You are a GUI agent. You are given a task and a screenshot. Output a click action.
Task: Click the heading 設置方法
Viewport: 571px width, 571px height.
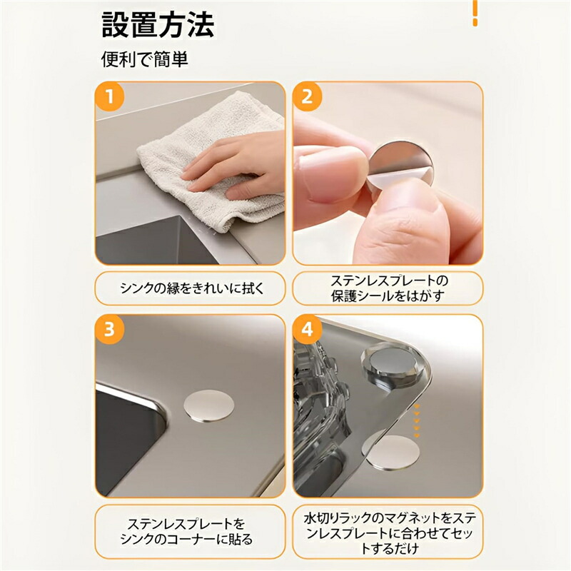pos(158,25)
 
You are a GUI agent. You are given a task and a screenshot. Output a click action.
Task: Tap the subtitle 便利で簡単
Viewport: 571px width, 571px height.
pos(145,59)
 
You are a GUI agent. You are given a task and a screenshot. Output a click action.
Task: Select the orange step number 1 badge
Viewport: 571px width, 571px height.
pos(110,97)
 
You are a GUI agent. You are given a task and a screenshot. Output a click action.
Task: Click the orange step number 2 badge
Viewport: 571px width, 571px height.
pos(308,97)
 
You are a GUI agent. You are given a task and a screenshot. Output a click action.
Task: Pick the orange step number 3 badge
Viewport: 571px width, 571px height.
pos(110,329)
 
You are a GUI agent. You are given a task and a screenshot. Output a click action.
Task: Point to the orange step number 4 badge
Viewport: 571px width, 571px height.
pos(308,329)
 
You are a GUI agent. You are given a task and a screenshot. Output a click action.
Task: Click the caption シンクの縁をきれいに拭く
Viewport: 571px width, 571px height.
pos(191,288)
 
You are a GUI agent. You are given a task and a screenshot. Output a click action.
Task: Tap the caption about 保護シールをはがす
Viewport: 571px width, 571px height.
pos(388,288)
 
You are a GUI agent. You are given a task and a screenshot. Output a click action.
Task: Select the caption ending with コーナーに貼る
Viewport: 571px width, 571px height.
pos(186,531)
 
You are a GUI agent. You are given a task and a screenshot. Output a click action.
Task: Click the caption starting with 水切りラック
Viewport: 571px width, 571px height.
pos(390,532)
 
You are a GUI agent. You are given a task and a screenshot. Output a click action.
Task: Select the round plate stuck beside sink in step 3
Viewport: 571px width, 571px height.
pos(208,405)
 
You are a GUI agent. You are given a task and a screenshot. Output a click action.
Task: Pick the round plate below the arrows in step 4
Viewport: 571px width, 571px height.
pos(393,453)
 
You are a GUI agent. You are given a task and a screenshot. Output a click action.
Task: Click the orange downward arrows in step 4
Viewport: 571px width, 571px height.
pos(417,420)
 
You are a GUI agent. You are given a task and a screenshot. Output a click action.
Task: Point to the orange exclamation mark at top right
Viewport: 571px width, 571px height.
pos(475,13)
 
